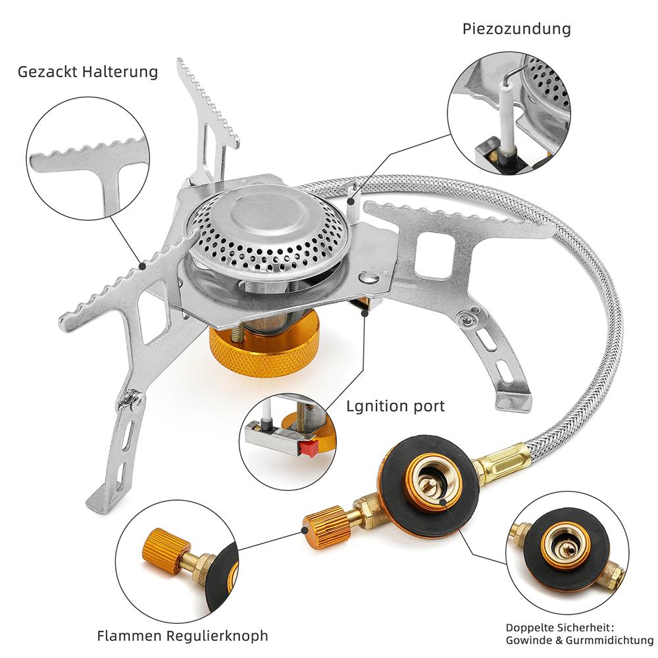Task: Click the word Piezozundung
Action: pos(516,30)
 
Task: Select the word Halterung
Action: pos(120,72)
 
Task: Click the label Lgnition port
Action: pos(395,406)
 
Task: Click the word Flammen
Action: pos(130,636)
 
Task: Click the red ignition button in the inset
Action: pos(309,447)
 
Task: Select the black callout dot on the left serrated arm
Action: pos(143,266)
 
